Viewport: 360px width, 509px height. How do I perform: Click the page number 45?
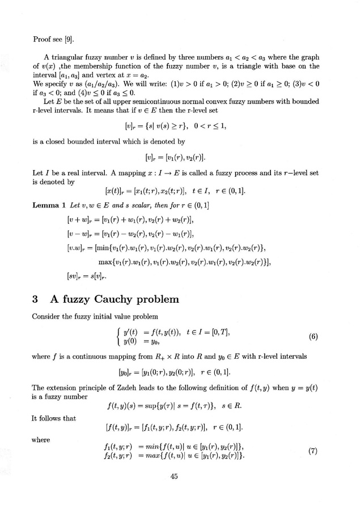pyautogui.click(x=175, y=477)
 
